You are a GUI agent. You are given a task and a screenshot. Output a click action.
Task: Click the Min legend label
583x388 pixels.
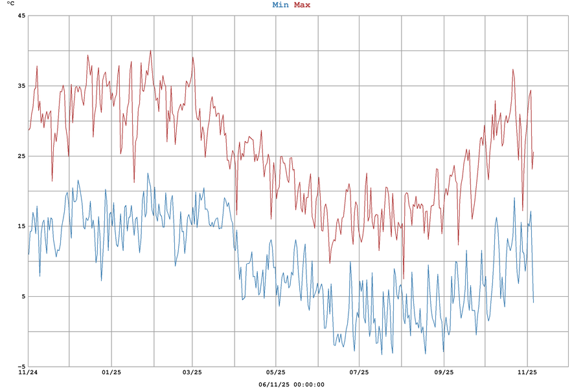[x=280, y=5]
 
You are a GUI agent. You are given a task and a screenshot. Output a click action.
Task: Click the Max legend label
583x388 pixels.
[x=302, y=5]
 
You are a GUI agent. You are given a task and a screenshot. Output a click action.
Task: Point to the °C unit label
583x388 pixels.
[x=10, y=4]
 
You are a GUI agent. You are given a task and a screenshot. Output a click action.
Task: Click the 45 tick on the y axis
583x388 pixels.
[x=21, y=16]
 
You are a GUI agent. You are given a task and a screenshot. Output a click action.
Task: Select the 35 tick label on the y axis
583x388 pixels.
[x=21, y=86]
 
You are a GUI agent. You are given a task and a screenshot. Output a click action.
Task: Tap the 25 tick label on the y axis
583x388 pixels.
[x=21, y=156]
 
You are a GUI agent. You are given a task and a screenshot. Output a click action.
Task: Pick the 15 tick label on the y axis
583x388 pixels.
[x=21, y=226]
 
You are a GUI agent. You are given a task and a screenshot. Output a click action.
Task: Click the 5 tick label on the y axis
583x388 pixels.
[x=23, y=296]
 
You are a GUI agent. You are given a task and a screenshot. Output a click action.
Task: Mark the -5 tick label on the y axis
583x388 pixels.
[x=21, y=367]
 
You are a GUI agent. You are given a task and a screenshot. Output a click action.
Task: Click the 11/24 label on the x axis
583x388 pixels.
[x=28, y=372]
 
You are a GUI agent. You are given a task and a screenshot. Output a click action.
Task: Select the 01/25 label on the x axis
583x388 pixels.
[x=111, y=372]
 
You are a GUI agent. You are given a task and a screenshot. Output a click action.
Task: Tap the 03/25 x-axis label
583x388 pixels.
[x=192, y=372]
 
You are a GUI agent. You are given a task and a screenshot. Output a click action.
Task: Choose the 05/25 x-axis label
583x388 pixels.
[x=276, y=372]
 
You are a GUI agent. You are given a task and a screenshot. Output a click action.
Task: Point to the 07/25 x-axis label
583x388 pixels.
[x=360, y=372]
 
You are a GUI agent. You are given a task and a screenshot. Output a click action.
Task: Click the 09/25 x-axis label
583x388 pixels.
[x=444, y=372]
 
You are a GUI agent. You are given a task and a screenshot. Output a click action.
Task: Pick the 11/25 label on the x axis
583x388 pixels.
[x=527, y=372]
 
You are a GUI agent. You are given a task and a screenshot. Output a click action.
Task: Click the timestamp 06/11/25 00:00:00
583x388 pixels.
[x=291, y=384]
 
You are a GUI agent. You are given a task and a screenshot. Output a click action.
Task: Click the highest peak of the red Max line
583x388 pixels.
[x=150, y=50]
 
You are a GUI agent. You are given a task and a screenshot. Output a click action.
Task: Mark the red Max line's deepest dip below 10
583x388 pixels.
[x=404, y=279]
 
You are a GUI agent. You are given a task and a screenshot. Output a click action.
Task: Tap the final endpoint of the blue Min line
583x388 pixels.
[x=534, y=303]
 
